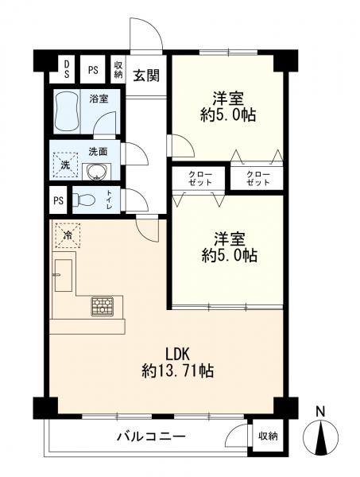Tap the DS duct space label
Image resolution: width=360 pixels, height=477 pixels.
point(67,69)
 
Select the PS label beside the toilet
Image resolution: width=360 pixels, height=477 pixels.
point(58,201)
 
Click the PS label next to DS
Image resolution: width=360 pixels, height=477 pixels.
point(93,70)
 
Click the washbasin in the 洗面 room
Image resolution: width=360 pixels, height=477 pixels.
point(97,173)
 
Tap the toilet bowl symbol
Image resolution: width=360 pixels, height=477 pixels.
point(84,200)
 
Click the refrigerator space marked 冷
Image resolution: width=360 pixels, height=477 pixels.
point(68,235)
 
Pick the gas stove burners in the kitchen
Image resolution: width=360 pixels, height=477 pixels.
point(103,306)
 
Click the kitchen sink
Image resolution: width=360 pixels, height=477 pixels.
point(64,275)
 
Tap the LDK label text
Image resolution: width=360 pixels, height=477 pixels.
point(177,355)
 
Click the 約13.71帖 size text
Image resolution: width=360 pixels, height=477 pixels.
point(177,370)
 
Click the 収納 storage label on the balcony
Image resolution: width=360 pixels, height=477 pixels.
point(268,436)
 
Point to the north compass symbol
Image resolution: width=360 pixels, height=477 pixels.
point(321,438)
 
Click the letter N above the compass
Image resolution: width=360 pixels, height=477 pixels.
point(319,412)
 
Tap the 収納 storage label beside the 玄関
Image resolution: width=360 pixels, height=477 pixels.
point(118,70)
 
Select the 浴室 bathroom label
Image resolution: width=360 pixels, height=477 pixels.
point(99,99)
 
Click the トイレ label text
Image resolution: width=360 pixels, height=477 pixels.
point(109,200)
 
